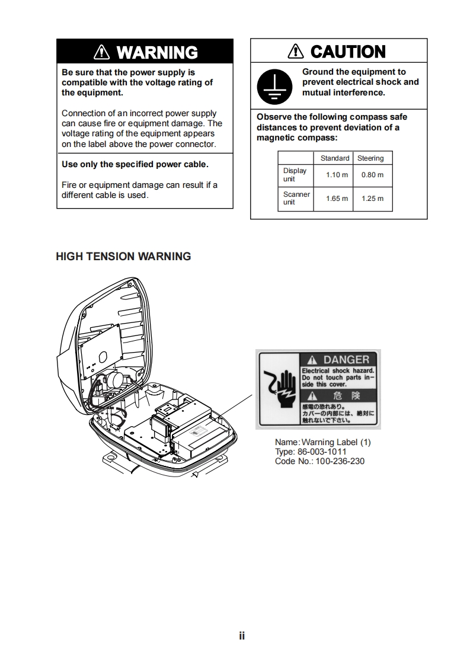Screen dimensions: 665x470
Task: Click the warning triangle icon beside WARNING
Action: pos(103,53)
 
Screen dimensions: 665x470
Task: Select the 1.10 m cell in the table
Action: pos(337,175)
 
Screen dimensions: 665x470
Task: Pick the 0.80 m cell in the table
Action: pos(372,175)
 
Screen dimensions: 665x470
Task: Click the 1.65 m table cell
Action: pos(337,199)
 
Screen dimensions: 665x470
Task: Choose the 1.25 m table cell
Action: pos(372,199)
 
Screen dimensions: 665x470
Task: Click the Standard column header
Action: pos(335,158)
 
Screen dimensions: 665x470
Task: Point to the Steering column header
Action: pos(370,158)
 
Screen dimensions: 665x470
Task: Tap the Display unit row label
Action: pos(295,175)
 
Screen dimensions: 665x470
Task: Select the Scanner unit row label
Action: pos(296,198)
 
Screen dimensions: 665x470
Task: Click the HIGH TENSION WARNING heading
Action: pos(123,257)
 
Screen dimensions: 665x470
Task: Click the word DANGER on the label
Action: pos(346,360)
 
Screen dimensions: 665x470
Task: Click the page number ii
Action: pos(242,636)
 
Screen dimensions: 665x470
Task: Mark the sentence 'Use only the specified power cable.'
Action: pos(135,164)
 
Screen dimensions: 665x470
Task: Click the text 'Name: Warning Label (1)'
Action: pos(322,442)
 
